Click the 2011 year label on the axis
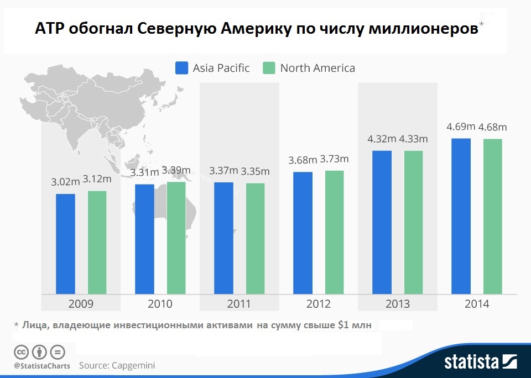239,304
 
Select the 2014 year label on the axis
477,304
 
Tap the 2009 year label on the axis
81,304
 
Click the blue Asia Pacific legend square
182,68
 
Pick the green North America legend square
269,68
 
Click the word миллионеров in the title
423,29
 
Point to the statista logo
480,362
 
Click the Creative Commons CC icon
21,352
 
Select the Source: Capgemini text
117,365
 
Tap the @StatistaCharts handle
42,366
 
